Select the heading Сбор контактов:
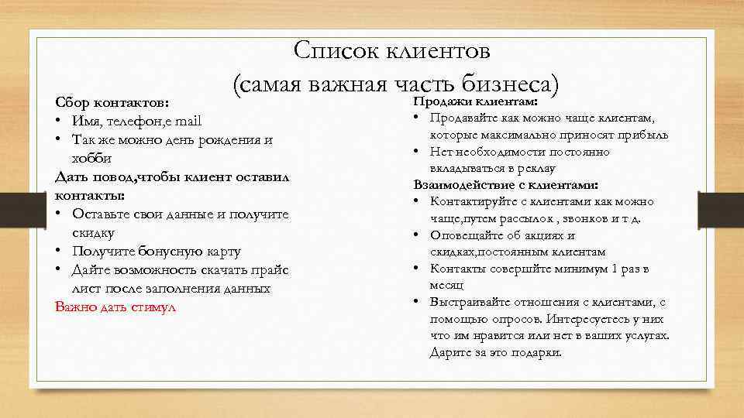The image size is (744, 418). click(112, 103)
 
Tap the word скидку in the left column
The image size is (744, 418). click(93, 232)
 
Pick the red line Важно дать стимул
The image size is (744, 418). click(115, 307)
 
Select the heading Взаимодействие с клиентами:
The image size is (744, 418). click(506, 185)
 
